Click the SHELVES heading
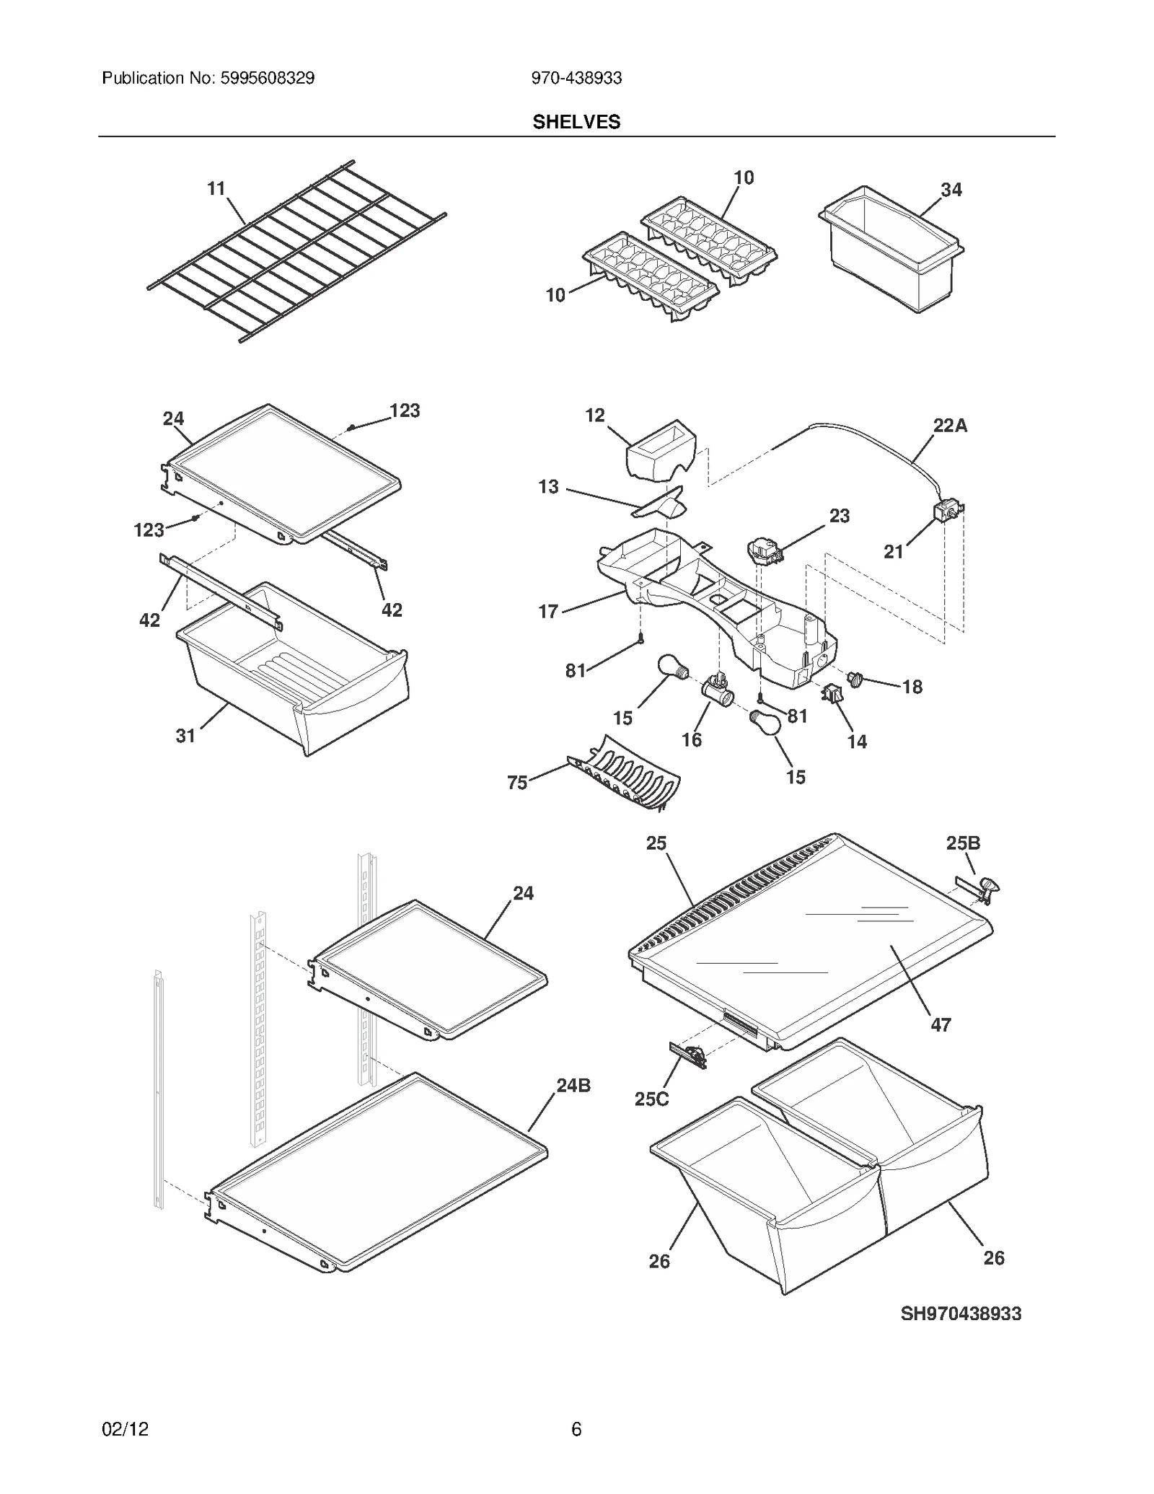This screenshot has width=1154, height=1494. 576,122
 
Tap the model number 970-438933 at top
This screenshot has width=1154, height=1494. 576,78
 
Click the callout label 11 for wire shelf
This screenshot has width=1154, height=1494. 216,188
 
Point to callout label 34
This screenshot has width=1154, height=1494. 951,190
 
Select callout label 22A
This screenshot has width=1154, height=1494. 950,426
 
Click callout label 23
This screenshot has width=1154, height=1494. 839,516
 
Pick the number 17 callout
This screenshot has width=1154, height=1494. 548,612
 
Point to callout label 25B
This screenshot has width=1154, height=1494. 963,843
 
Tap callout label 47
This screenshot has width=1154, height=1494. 941,1024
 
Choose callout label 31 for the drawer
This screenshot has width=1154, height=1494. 185,736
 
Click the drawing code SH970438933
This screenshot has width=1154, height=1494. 961,1314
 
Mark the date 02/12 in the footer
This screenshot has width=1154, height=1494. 125,1429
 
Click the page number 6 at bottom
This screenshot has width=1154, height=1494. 576,1429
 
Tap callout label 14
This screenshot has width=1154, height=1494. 857,742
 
